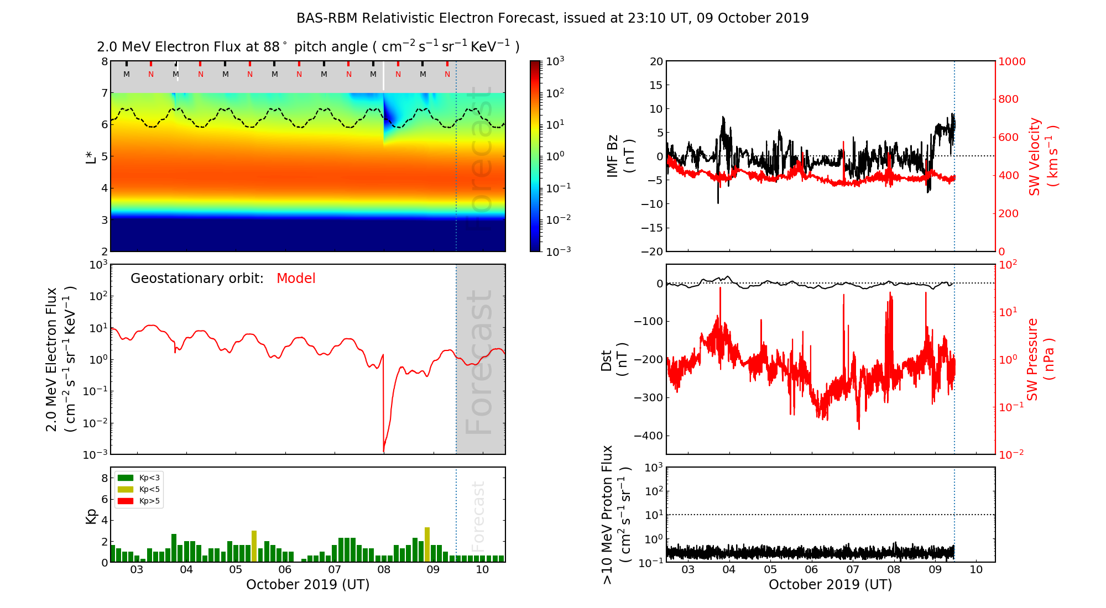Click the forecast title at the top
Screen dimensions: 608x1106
(x=552, y=18)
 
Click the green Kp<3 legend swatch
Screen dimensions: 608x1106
(x=126, y=478)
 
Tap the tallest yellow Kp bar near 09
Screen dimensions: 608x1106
(x=427, y=544)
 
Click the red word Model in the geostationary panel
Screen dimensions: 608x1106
(x=296, y=279)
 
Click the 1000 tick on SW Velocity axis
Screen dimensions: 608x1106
(x=1011, y=61)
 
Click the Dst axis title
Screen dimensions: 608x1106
(x=614, y=359)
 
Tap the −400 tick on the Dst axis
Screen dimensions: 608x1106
(x=648, y=436)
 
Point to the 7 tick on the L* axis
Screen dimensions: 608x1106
(x=104, y=93)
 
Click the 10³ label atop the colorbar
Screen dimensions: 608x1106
(x=555, y=61)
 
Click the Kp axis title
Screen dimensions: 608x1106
(x=91, y=516)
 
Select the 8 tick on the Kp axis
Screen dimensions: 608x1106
(x=105, y=478)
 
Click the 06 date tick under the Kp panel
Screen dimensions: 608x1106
(x=285, y=570)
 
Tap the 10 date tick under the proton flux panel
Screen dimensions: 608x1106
(x=976, y=570)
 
